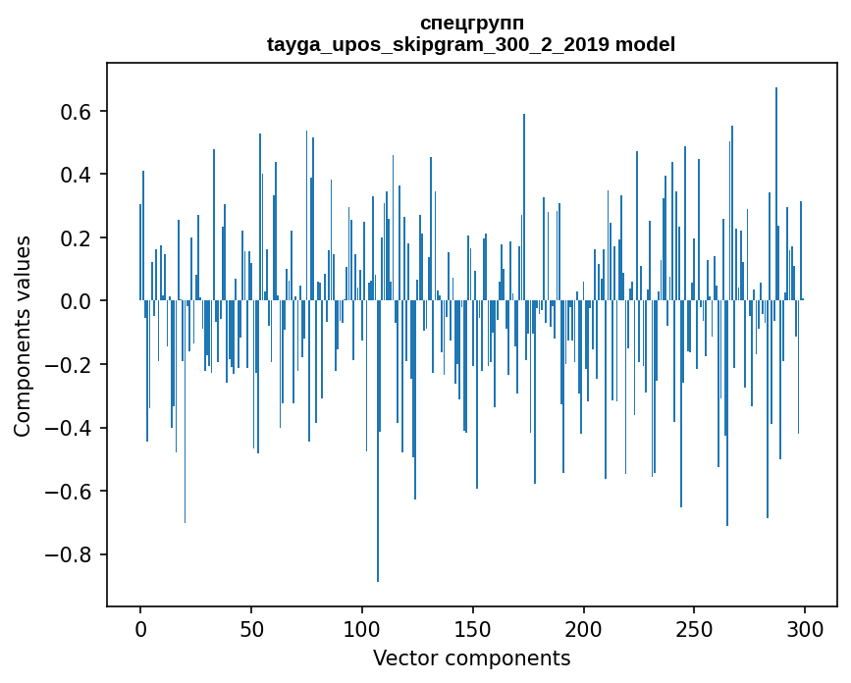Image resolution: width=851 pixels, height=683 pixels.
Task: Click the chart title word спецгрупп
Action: tap(471, 23)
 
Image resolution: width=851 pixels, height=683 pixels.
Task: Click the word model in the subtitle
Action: tap(646, 44)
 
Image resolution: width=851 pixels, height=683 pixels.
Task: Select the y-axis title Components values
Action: tap(23, 336)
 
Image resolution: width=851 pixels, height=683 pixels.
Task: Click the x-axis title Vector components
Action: tap(471, 657)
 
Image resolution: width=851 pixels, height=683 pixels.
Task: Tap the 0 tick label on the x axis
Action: tap(140, 628)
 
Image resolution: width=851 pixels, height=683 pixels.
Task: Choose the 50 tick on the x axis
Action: tap(251, 628)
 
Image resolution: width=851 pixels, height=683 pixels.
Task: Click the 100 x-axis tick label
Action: tap(362, 628)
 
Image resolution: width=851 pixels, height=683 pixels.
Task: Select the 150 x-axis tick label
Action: tap(473, 628)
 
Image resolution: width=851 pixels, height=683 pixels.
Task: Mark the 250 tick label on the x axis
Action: tap(694, 628)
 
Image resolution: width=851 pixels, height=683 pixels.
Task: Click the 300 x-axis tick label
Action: tap(805, 628)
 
